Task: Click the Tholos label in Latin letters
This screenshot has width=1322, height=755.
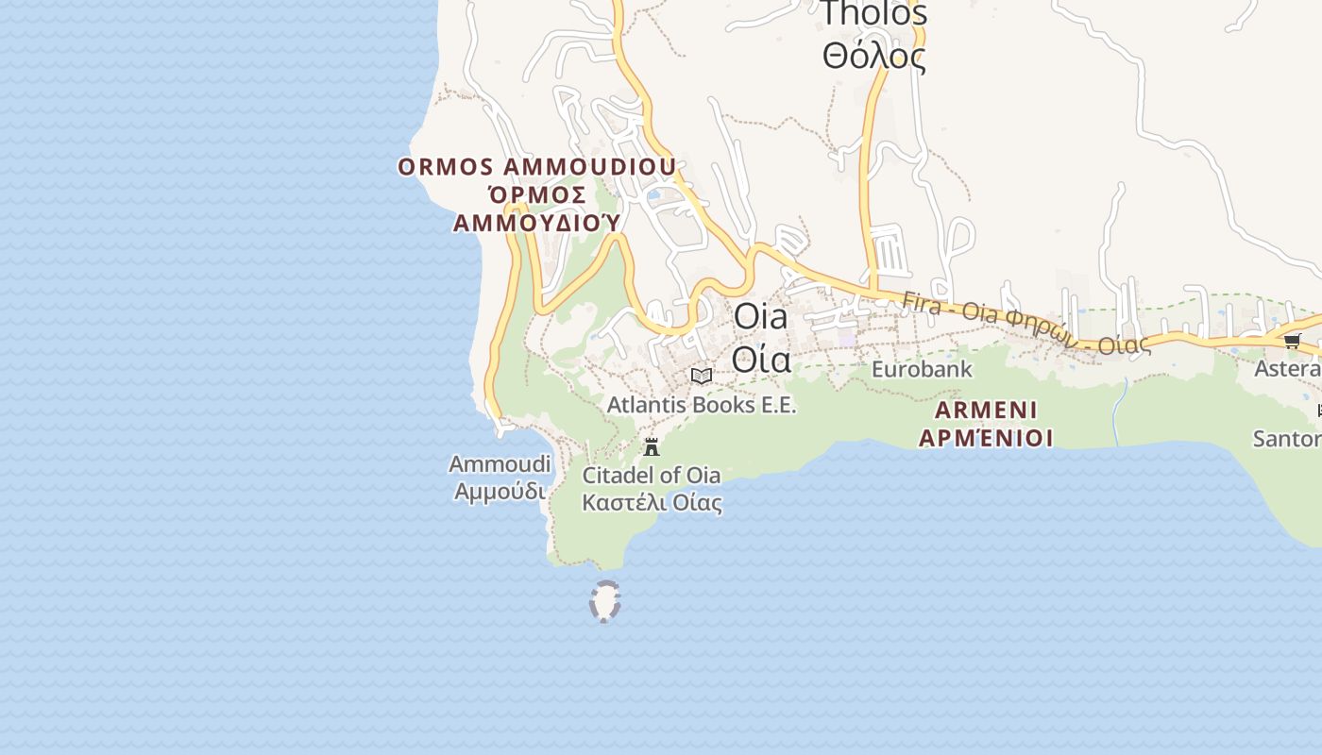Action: pyautogui.click(x=873, y=13)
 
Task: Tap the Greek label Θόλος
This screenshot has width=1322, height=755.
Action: pyautogui.click(x=873, y=56)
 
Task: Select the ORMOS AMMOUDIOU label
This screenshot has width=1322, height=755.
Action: pyautogui.click(x=536, y=167)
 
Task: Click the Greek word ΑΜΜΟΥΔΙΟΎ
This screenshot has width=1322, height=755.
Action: pyautogui.click(x=536, y=223)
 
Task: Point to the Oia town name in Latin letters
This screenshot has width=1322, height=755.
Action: pyautogui.click(x=760, y=316)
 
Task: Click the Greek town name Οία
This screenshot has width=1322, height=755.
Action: pyautogui.click(x=760, y=359)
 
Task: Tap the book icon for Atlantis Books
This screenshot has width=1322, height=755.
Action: pyautogui.click(x=701, y=376)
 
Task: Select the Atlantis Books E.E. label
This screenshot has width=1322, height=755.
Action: pyautogui.click(x=702, y=405)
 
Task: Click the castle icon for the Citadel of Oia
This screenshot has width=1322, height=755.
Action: pyautogui.click(x=652, y=446)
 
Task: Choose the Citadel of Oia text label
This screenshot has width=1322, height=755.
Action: pyautogui.click(x=651, y=475)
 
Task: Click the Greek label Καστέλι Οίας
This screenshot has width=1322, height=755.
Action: pyautogui.click(x=652, y=502)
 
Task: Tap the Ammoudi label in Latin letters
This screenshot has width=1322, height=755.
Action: pyautogui.click(x=500, y=464)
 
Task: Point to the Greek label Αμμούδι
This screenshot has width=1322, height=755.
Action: pyautogui.click(x=500, y=492)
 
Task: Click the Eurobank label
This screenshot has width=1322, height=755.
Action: pyautogui.click(x=921, y=369)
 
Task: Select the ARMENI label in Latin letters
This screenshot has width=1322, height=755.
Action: pyautogui.click(x=986, y=411)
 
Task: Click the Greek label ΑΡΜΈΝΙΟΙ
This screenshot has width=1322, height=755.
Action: pyautogui.click(x=986, y=438)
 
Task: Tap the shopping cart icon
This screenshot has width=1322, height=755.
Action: pyautogui.click(x=1292, y=341)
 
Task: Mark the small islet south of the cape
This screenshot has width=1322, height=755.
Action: pyautogui.click(x=604, y=601)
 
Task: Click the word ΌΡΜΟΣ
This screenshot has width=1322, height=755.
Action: pyautogui.click(x=536, y=195)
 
